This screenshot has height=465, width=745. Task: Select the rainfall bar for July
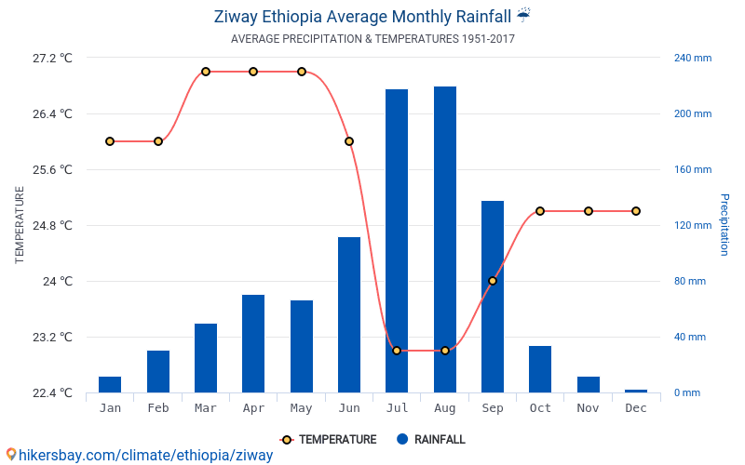click(x=397, y=241)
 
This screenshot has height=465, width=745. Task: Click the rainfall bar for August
click(x=445, y=239)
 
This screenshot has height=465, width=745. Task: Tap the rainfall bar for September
click(x=493, y=297)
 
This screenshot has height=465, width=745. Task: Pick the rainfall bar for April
click(x=253, y=343)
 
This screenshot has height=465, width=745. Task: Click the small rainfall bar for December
click(x=636, y=391)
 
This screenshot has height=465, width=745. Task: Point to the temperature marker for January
click(x=110, y=141)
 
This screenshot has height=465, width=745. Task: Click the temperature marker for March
click(x=206, y=72)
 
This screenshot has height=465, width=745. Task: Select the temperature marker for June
click(x=349, y=141)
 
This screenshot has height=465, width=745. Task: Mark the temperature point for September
click(x=493, y=281)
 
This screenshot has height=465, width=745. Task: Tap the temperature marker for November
click(x=589, y=211)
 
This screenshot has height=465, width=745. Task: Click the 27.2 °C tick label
click(x=52, y=58)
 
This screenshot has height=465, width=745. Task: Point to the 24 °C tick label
click(x=59, y=281)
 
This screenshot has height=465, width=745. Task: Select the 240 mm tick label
click(x=693, y=58)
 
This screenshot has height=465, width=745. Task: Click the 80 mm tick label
click(x=690, y=281)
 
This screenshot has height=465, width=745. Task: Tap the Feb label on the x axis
click(x=158, y=408)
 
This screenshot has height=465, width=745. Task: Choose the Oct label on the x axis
click(x=540, y=408)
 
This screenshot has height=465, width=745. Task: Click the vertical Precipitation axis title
click(x=724, y=225)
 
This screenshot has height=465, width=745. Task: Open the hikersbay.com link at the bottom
click(x=140, y=455)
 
